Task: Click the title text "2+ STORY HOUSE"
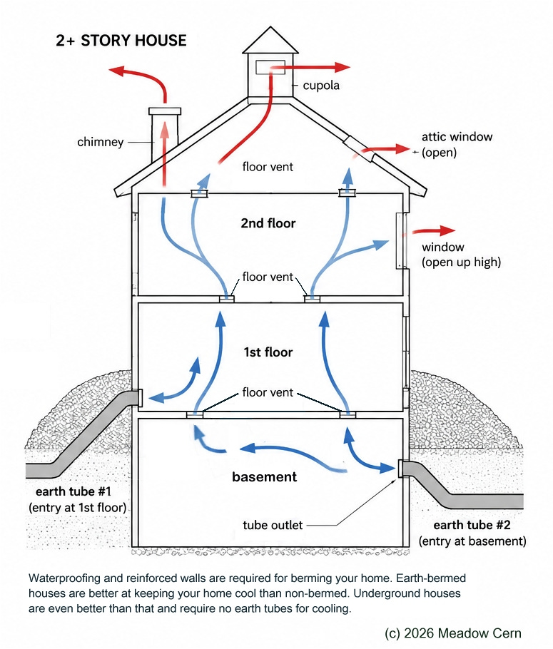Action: [x=121, y=41]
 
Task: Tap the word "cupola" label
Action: [x=321, y=86]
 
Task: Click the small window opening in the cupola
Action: [x=270, y=67]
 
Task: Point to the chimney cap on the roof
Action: [x=165, y=111]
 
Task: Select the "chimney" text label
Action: [x=100, y=142]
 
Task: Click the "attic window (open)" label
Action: [x=457, y=145]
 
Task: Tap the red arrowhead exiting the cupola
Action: [x=343, y=67]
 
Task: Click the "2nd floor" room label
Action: [x=268, y=223]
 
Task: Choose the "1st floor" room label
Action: [x=268, y=352]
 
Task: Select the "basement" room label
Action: [x=264, y=477]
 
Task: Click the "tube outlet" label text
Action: [x=273, y=525]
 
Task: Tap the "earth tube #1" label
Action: [x=73, y=491]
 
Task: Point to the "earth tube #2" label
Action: [x=472, y=525]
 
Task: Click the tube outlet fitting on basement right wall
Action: [x=400, y=469]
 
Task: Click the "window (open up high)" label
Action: [x=461, y=255]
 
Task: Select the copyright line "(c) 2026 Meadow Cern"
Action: [x=453, y=633]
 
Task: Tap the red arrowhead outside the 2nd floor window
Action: [x=447, y=230]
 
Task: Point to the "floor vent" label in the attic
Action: [x=268, y=167]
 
